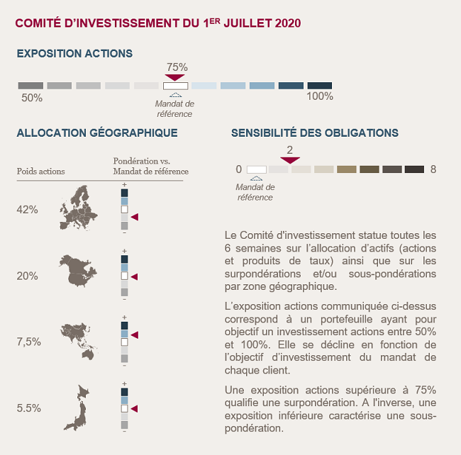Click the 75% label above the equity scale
177,67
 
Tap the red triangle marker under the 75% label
174,77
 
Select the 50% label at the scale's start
32,98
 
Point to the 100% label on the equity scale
320,96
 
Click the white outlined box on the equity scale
175,86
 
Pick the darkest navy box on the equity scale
320,86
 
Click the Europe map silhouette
79,208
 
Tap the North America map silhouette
78,271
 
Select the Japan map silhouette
77,408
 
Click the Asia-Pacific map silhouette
79,342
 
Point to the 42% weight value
28,210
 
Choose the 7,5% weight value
29,342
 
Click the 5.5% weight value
29,408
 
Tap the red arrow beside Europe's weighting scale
135,217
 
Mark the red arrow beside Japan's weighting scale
134,409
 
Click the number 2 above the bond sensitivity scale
289,150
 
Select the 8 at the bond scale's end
433,169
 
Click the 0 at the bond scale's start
239,169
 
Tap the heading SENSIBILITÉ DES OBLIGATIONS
315,133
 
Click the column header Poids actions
41,172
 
